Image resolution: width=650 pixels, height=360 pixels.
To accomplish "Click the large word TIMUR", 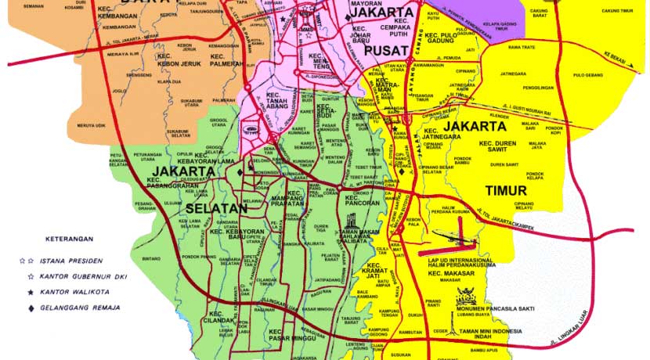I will [x=506, y=190].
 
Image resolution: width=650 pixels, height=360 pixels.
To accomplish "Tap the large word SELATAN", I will [x=215, y=210].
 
